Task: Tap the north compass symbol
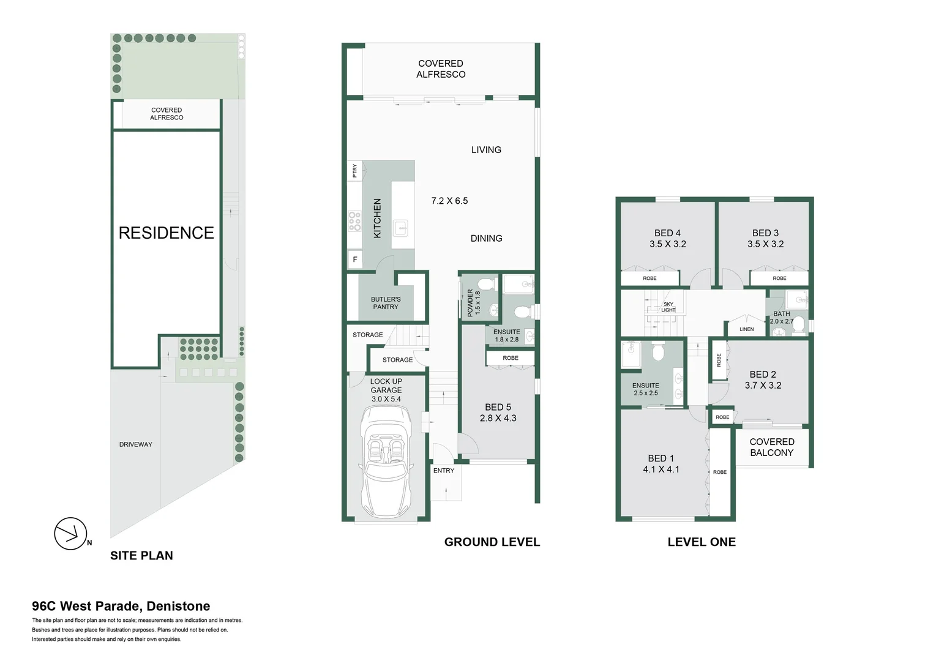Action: [x=70, y=534]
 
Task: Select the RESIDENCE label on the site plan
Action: [x=166, y=233]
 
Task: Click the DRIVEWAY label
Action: [x=135, y=444]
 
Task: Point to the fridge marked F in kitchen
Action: [x=355, y=260]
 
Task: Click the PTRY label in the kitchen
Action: [x=354, y=171]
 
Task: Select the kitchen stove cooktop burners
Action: [x=354, y=222]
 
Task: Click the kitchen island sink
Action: [x=401, y=229]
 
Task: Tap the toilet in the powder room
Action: [x=486, y=285]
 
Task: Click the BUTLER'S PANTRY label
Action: [x=386, y=303]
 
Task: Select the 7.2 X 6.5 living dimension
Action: [x=449, y=201]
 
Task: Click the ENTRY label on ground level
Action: [x=444, y=471]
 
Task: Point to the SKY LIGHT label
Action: [x=668, y=307]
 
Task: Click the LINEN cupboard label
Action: [x=746, y=329]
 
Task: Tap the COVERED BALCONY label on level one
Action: [x=771, y=447]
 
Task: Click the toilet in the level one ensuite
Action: [x=658, y=353]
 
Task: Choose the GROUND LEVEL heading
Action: [x=492, y=542]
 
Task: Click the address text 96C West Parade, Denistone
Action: [x=121, y=607]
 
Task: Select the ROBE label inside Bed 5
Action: [x=511, y=358]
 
